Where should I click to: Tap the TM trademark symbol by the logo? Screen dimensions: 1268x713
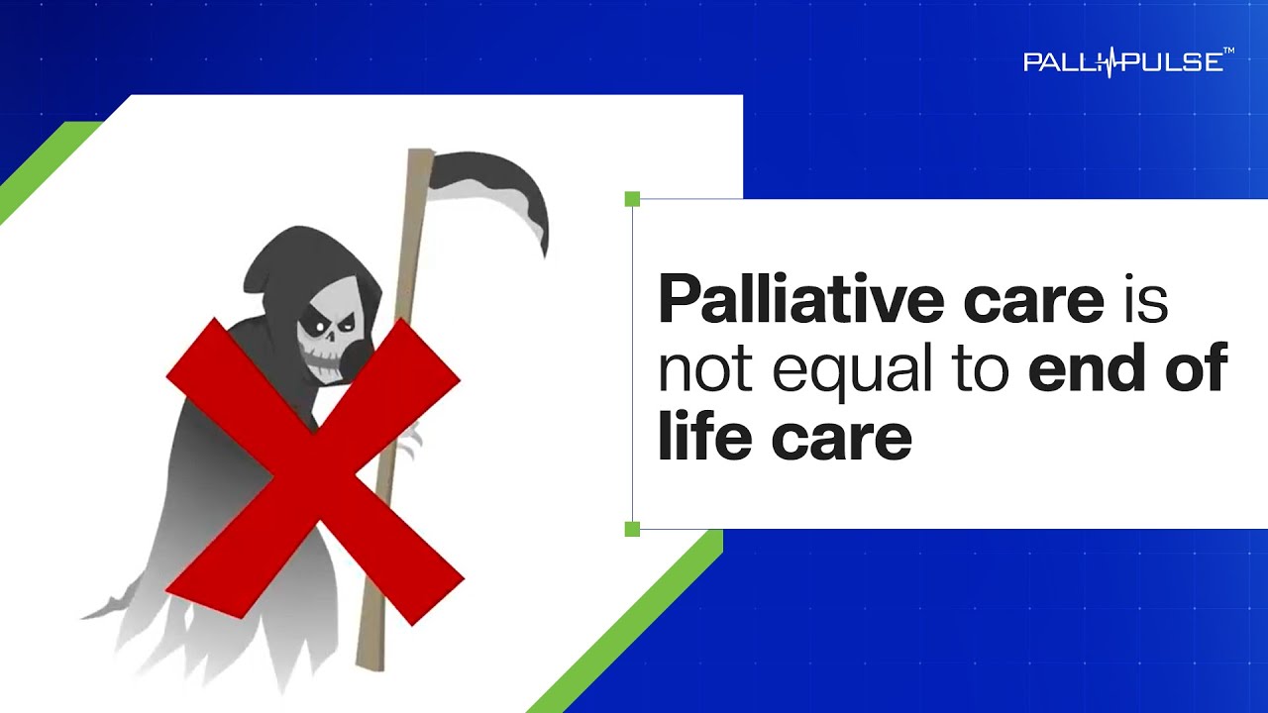point(1228,51)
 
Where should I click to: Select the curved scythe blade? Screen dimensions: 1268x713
point(498,187)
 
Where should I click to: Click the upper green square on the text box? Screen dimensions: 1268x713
point(632,199)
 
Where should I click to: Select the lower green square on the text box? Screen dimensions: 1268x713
point(632,529)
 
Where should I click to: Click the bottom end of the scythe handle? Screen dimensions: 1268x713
point(370,667)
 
